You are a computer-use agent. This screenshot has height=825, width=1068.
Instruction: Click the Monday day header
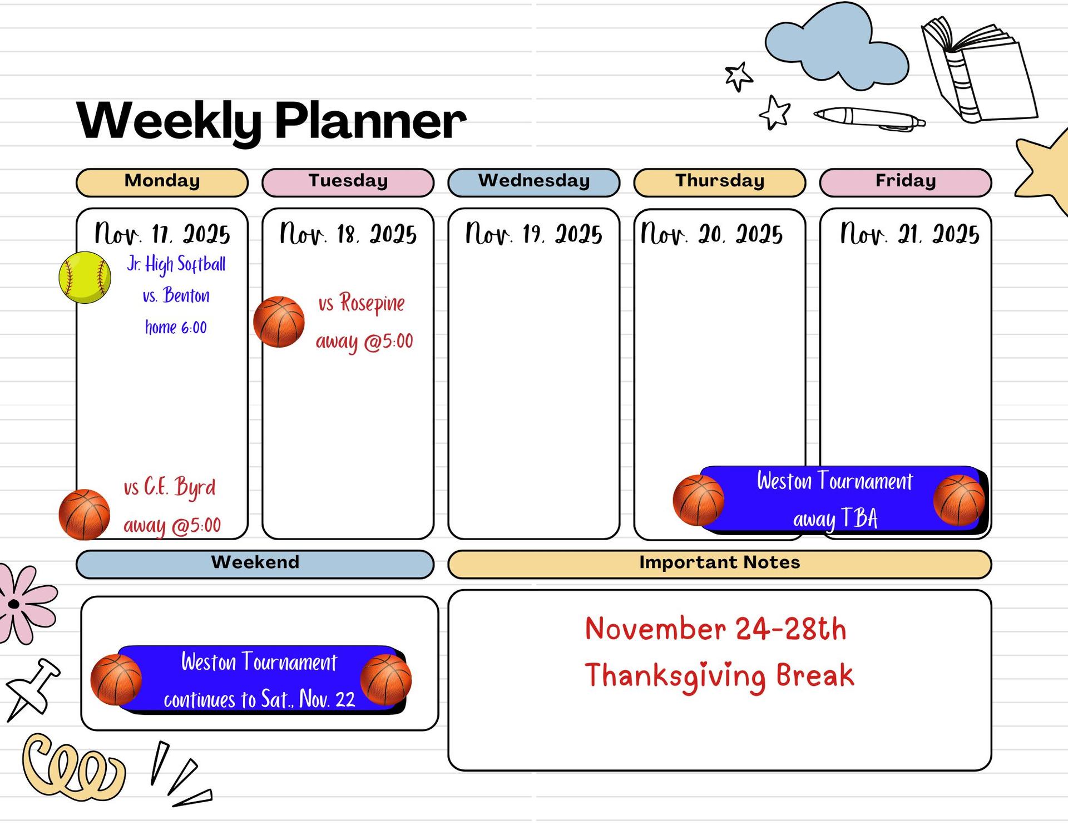(x=162, y=182)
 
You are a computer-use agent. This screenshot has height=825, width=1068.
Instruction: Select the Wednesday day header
(x=533, y=182)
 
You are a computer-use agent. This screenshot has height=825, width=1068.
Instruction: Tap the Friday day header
(x=906, y=182)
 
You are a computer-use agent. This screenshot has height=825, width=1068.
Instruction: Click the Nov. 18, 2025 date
(x=348, y=234)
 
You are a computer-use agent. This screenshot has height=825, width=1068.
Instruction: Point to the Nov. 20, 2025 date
(x=711, y=234)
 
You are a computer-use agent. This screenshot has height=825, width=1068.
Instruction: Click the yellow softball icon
(x=85, y=277)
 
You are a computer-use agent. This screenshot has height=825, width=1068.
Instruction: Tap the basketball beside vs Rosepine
(x=279, y=322)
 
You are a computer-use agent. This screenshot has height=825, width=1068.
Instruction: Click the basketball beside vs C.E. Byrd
(x=85, y=515)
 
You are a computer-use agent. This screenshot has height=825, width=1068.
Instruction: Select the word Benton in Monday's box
(x=186, y=295)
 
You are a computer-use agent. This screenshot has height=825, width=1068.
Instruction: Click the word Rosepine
(x=372, y=304)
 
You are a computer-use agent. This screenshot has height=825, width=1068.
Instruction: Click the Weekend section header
(x=255, y=564)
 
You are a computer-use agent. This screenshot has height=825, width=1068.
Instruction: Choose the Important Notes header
(x=720, y=564)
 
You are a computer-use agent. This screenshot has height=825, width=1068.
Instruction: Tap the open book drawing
(x=979, y=70)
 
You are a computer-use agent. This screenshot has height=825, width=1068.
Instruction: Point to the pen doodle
(x=869, y=118)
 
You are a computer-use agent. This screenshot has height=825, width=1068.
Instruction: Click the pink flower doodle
(x=25, y=604)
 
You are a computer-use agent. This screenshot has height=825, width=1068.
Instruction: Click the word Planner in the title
(x=370, y=120)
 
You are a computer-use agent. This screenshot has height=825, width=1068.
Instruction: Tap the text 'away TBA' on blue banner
(x=835, y=518)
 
